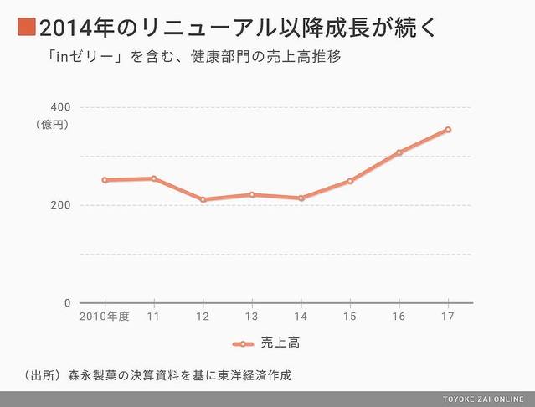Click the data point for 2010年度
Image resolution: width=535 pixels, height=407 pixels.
[105, 180]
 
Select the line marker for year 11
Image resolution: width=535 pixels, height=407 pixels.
[153, 178]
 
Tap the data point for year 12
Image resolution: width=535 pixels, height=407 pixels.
[203, 199]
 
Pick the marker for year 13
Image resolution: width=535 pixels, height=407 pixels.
[252, 194]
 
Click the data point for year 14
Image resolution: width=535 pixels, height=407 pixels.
[301, 198]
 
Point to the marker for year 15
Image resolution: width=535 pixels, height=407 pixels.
[350, 181]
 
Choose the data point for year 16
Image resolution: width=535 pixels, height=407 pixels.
[399, 152]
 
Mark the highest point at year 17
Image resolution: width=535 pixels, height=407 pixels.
[449, 129]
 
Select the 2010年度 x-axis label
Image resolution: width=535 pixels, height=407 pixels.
[104, 317]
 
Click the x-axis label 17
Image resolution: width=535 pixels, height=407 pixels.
[449, 317]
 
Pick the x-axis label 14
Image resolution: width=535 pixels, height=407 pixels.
[301, 317]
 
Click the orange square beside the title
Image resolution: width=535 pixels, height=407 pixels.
[25, 27]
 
